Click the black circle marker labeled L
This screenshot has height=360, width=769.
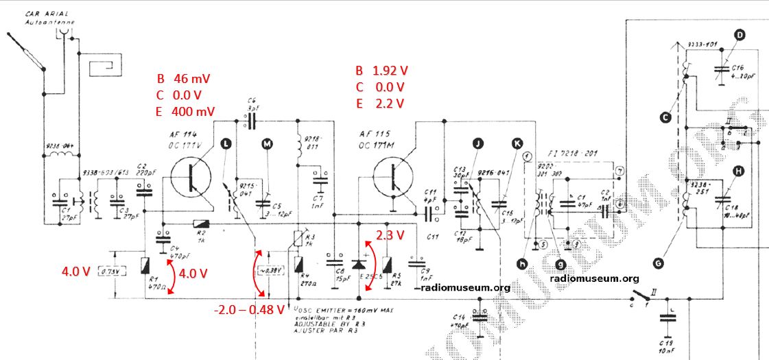coord(226,143)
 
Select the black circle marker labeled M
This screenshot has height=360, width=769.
coord(268,143)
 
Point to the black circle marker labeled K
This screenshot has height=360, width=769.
coord(516,143)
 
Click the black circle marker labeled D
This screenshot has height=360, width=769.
coord(740,36)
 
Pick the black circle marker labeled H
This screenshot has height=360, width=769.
coord(738,171)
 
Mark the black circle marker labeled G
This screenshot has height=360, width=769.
coord(659,261)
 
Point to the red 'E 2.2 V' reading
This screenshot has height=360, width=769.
coord(380,104)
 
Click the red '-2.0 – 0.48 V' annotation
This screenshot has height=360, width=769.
coord(249,309)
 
